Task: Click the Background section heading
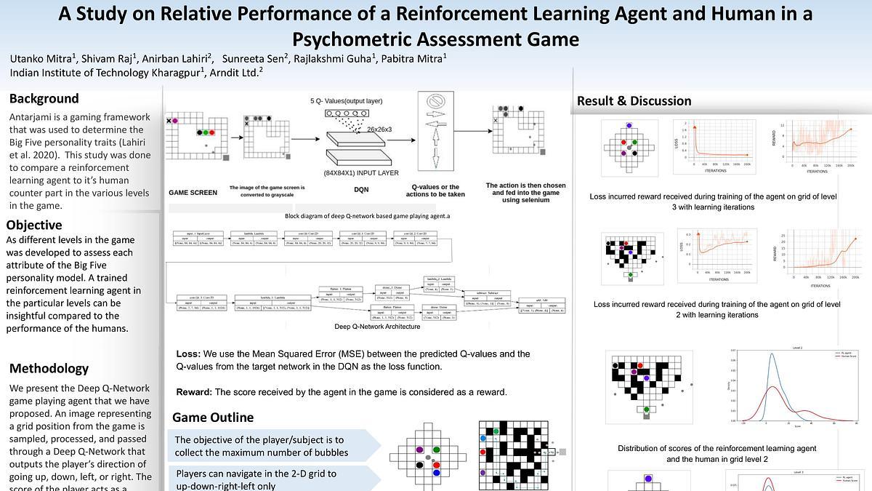44,99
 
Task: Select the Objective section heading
34,225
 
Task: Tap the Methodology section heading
49,368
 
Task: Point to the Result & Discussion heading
634,101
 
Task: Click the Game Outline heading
213,418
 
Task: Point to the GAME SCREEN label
193,193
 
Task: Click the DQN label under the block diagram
361,190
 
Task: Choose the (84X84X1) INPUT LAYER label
361,173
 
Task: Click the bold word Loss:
188,354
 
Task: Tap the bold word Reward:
194,392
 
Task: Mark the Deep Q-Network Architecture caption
377,327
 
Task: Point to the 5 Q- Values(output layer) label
346,100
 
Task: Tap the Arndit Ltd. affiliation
235,73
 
